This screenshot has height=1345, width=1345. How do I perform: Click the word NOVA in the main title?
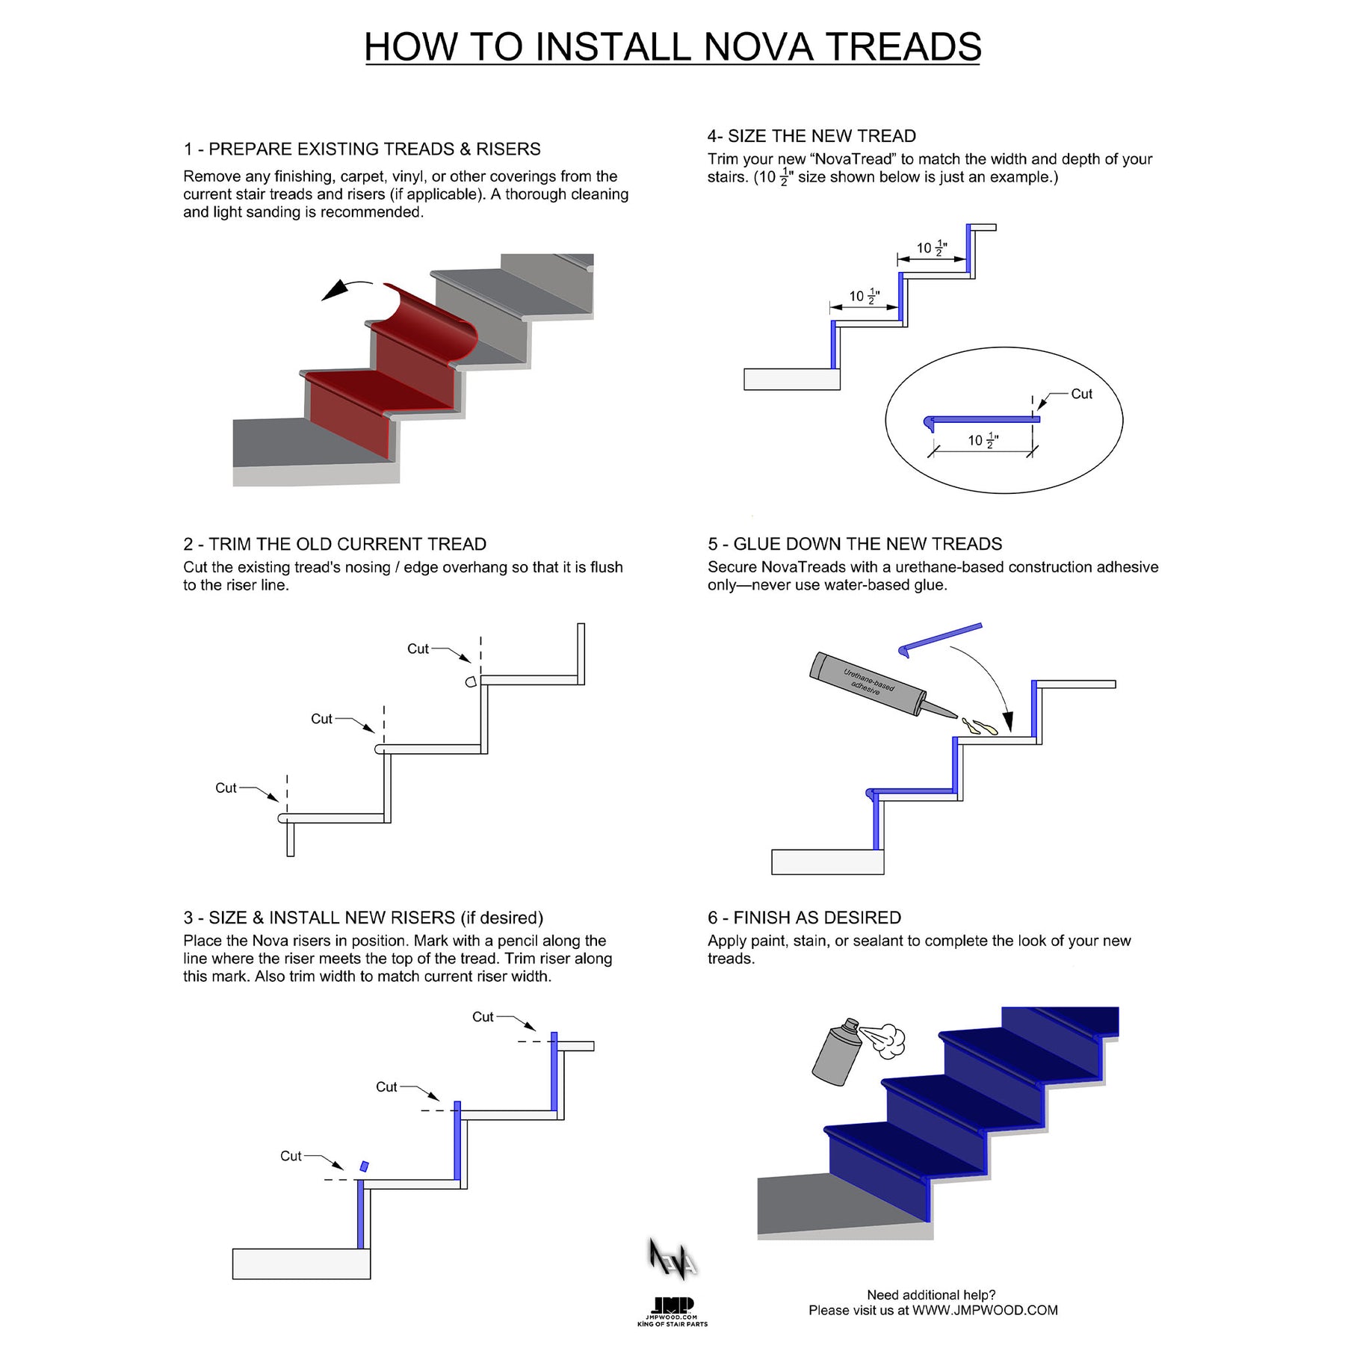click(758, 47)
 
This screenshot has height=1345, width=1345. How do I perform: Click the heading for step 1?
click(362, 149)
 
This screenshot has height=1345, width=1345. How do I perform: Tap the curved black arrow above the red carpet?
click(345, 288)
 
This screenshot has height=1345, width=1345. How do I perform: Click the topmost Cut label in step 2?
click(418, 649)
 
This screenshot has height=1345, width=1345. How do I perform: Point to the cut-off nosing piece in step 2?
click(471, 681)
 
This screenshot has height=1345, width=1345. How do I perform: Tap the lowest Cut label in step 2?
click(226, 788)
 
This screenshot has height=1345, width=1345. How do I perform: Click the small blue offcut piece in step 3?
click(364, 1166)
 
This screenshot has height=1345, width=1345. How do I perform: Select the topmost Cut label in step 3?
click(483, 1017)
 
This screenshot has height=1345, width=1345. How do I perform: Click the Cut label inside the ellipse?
click(1081, 394)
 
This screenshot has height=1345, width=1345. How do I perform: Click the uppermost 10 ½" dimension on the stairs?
click(931, 248)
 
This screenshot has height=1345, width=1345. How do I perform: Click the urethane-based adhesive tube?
click(871, 684)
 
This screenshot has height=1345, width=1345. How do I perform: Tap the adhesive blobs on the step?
click(980, 726)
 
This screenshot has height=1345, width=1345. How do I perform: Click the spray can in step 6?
click(837, 1052)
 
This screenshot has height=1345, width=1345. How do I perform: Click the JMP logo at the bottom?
click(672, 1305)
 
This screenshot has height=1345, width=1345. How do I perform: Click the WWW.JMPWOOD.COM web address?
click(985, 1310)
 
